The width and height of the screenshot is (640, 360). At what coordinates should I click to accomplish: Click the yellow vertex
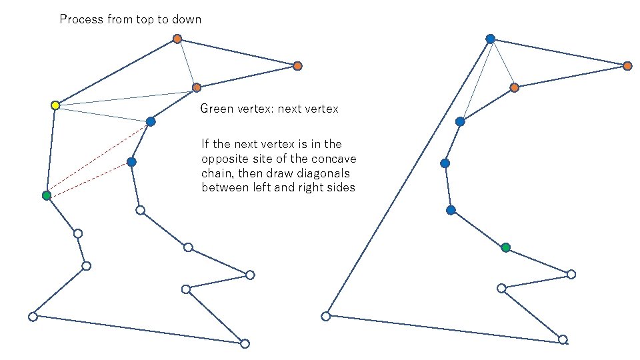pos(55,105)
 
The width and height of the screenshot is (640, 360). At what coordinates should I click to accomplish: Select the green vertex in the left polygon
pos(46,195)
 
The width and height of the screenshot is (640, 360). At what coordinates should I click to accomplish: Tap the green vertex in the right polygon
pos(506,247)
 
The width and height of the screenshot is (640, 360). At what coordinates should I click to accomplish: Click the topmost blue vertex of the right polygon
pos(490,39)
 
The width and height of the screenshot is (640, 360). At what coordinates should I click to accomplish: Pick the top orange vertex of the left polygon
pos(177,39)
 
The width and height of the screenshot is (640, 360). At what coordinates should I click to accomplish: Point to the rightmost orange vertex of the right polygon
pos(627,65)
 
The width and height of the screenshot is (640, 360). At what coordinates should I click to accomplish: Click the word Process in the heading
pos(81,19)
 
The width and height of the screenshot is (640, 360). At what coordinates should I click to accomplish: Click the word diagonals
pos(323,173)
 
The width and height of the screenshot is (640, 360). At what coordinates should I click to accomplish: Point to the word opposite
pos(224,159)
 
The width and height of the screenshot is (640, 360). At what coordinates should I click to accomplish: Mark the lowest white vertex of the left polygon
pos(245,343)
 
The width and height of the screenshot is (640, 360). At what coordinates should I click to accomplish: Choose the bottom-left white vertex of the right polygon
pos(325,316)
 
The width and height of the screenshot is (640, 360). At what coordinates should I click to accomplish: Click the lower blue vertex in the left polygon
pos(131,162)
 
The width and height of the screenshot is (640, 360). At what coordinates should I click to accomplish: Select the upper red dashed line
pos(97,158)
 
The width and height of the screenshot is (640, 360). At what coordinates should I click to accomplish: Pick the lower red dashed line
pos(89,179)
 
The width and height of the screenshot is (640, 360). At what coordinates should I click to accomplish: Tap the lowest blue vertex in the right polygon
pos(451,210)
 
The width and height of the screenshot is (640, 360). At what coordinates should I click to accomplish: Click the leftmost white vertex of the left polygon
pos(33,317)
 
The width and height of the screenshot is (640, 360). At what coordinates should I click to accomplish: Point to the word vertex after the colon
pos(321,109)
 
